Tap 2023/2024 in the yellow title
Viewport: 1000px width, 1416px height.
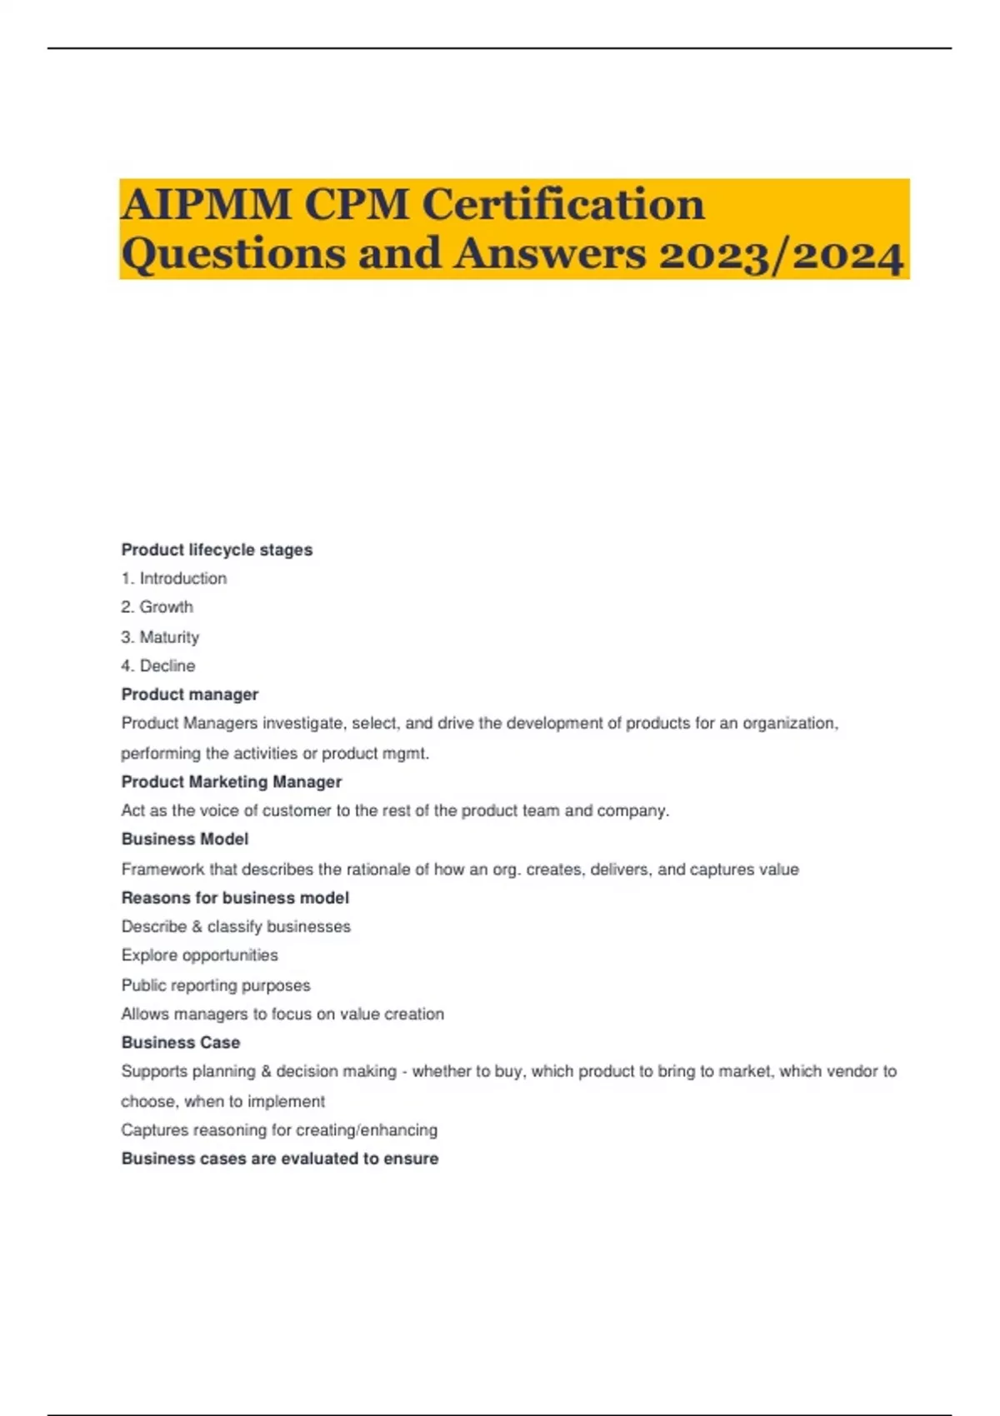point(781,254)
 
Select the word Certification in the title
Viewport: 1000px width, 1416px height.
point(563,204)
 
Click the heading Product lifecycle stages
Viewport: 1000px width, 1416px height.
point(217,550)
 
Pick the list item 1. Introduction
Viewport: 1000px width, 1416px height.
point(173,578)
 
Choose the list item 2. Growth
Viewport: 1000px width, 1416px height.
point(157,607)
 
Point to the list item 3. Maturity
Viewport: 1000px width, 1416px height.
point(160,637)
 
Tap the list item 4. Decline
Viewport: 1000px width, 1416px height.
point(158,666)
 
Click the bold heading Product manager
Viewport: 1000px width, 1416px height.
point(189,695)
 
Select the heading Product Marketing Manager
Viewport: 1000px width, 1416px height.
point(232,782)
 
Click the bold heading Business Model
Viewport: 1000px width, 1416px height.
point(184,840)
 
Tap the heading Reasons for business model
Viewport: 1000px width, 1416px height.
point(235,898)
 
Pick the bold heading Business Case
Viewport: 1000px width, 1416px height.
point(180,1043)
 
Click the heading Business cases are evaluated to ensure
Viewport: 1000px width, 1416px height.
point(279,1159)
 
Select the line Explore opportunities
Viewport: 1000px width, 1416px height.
point(199,955)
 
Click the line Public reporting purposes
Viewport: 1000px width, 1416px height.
point(215,985)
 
